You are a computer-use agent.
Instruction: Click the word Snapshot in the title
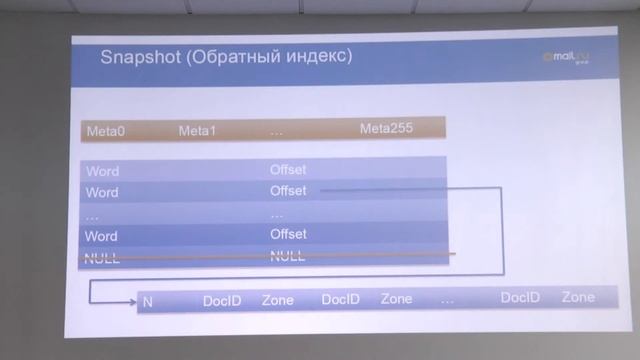[x=138, y=58]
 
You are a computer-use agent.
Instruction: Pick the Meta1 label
[x=197, y=130]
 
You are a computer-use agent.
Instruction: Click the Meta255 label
[x=386, y=128]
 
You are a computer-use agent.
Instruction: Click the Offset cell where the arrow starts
[x=288, y=190]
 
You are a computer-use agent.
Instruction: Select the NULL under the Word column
[x=102, y=257]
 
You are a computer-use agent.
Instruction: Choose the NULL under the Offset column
[x=287, y=256]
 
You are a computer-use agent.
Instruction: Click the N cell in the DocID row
[x=147, y=300]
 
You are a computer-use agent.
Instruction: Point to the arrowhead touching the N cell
[x=133, y=300]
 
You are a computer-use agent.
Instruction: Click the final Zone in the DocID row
[x=578, y=298]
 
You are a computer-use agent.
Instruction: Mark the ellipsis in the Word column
[x=92, y=214]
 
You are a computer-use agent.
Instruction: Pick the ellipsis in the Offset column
[x=277, y=213]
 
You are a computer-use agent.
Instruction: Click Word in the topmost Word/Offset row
[x=102, y=171]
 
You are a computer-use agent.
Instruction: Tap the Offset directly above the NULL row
[x=288, y=234]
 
